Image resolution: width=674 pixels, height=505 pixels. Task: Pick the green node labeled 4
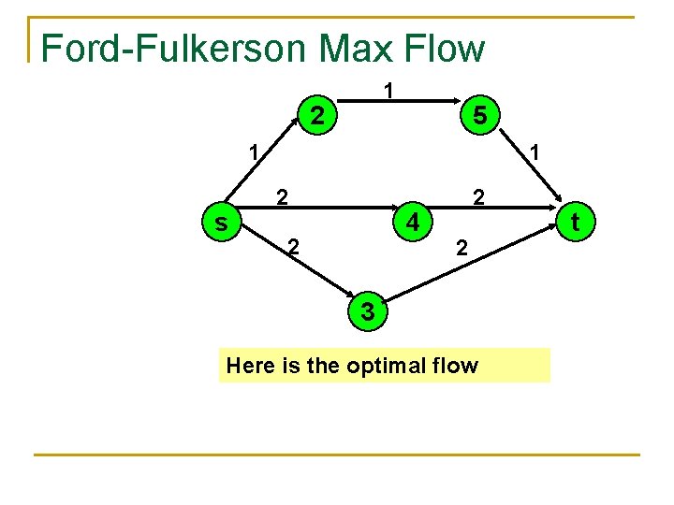[412, 223]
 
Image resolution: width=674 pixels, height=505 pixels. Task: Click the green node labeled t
[575, 223]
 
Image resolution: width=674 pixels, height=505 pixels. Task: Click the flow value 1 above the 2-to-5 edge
[388, 91]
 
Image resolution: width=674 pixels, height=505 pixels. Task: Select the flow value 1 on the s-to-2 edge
[252, 150]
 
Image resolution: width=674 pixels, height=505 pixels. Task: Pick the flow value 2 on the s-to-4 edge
[280, 196]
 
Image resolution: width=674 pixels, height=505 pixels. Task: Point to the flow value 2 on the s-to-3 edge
[293, 248]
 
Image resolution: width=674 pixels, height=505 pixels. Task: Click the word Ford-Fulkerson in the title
[165, 49]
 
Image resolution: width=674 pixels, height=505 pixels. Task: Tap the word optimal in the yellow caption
[384, 366]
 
